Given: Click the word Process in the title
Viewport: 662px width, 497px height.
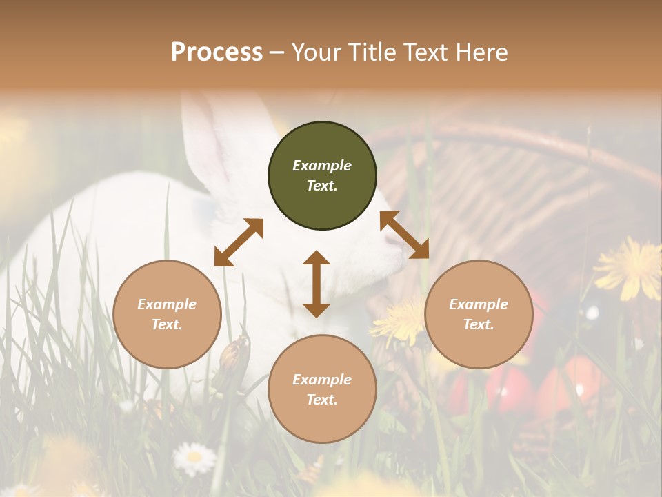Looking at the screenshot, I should (217, 52).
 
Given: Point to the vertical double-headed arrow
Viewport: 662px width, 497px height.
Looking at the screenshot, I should (317, 284).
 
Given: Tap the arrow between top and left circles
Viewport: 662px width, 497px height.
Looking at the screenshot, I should (239, 242).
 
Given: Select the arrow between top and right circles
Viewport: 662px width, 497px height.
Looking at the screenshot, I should (404, 235).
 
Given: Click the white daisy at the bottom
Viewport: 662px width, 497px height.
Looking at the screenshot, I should (194, 457).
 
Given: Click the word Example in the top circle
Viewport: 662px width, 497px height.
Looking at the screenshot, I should (322, 166).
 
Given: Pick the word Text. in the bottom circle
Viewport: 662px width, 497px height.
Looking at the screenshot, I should (322, 400).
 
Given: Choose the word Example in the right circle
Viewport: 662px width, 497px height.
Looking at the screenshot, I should (479, 304).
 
